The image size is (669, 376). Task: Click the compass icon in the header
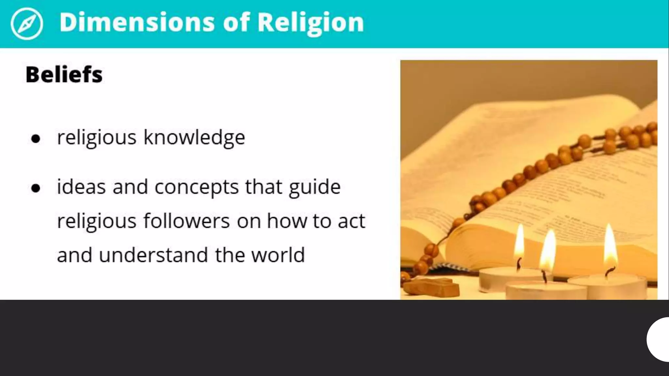(x=26, y=23)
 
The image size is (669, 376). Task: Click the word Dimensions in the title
(x=137, y=22)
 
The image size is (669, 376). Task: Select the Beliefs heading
(x=64, y=74)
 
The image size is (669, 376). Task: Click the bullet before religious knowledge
(x=36, y=139)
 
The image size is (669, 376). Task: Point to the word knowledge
(x=194, y=138)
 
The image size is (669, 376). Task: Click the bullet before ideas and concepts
(x=36, y=188)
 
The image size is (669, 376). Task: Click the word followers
(x=187, y=221)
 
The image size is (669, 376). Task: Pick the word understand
(x=153, y=255)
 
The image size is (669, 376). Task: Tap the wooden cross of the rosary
(x=431, y=287)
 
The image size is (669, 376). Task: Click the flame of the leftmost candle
(x=519, y=243)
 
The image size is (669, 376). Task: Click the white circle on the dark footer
(x=659, y=339)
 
